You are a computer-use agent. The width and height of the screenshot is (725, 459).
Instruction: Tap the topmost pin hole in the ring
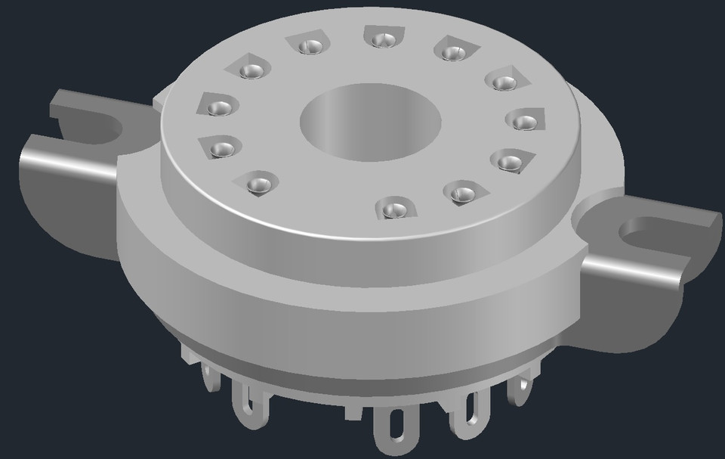pyautogui.click(x=378, y=39)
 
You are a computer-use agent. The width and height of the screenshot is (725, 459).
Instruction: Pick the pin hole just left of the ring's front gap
pyautogui.click(x=258, y=182)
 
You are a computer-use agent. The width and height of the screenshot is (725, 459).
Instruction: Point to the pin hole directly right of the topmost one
pyautogui.click(x=451, y=51)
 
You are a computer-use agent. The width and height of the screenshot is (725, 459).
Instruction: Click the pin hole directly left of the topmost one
pyautogui.click(x=308, y=46)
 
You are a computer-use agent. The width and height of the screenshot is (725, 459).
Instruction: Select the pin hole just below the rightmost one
pyautogui.click(x=510, y=160)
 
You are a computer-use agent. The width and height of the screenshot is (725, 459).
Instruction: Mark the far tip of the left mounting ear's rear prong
pyautogui.click(x=56, y=104)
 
